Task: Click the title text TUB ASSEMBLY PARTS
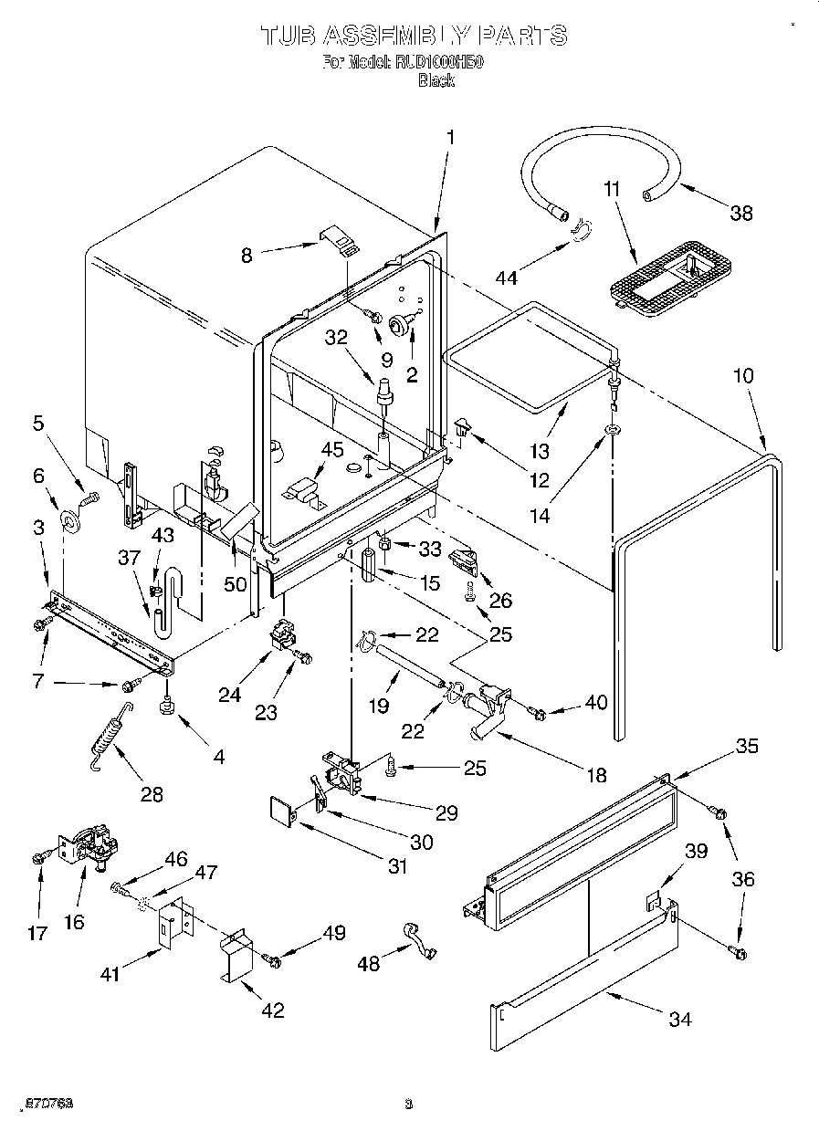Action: coord(414,36)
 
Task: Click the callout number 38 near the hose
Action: coord(740,213)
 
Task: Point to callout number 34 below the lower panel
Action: coord(679,1019)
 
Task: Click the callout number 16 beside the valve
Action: coord(73,922)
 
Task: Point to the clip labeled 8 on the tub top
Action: coord(340,240)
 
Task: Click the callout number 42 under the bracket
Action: coord(271,1010)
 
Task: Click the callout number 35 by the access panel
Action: coord(746,746)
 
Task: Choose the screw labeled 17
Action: coord(40,858)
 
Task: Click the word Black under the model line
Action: coord(436,80)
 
